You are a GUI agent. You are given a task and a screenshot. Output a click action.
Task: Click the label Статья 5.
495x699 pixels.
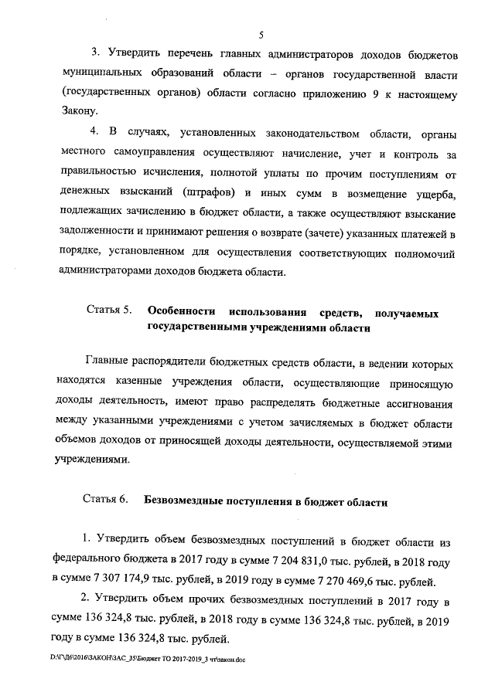tap(107, 314)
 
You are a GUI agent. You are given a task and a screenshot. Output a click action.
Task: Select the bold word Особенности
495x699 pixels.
tap(179, 314)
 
